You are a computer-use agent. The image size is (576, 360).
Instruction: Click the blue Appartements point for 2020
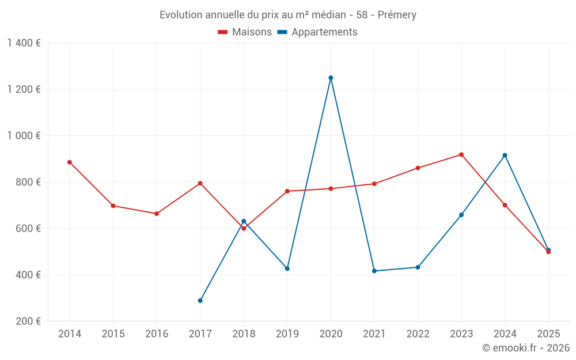click(331, 78)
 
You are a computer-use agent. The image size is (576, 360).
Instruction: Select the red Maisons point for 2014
click(70, 162)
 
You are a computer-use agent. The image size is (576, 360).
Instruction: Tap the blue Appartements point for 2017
click(200, 301)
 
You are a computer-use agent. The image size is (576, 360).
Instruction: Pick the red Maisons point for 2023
click(461, 154)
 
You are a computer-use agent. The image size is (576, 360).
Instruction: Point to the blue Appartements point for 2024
click(505, 156)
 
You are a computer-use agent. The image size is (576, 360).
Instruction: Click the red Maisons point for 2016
click(157, 214)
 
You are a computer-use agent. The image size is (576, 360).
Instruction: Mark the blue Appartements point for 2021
click(374, 271)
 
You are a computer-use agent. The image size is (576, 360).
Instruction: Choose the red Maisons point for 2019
click(287, 191)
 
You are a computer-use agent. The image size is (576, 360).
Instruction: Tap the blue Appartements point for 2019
click(287, 268)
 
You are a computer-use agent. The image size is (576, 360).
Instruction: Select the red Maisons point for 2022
click(418, 168)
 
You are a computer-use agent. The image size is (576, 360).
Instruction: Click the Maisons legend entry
click(245, 32)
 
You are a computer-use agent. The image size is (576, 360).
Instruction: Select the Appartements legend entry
click(317, 32)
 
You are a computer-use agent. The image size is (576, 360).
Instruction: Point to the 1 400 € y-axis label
click(24, 43)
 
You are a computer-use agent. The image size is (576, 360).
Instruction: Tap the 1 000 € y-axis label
click(24, 136)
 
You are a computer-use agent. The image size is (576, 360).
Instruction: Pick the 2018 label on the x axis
click(244, 334)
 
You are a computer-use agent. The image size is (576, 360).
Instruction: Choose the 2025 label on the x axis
click(548, 334)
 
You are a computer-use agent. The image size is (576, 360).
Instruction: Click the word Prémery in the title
click(397, 15)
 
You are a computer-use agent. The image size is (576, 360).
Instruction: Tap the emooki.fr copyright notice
click(526, 348)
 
